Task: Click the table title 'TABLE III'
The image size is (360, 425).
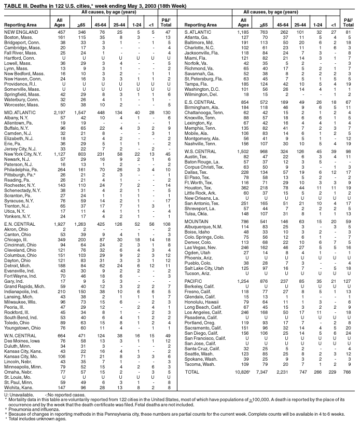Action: [x=16, y=4]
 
